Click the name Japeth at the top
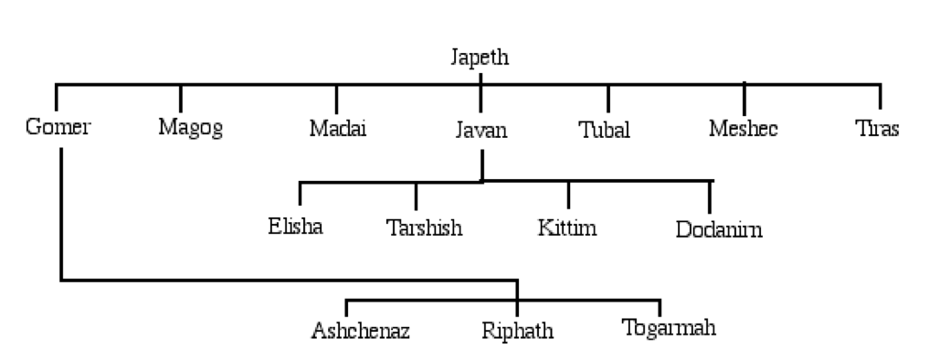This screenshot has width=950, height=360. [480, 58]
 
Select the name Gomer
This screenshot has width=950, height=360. [58, 127]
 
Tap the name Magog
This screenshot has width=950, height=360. [190, 128]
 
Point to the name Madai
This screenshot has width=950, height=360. [337, 128]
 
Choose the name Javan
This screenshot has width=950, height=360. [480, 130]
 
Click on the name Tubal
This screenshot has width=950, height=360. [605, 129]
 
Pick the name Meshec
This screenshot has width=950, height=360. [743, 128]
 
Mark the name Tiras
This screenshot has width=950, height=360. [877, 128]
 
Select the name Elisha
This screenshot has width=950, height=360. [295, 225]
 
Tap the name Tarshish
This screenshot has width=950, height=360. [424, 227]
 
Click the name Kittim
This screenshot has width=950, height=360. [567, 227]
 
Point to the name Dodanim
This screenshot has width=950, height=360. [719, 228]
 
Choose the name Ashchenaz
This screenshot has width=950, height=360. [360, 330]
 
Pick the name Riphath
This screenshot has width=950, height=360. [517, 330]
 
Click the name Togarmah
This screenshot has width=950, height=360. [668, 327]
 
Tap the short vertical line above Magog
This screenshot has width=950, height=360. [181, 97]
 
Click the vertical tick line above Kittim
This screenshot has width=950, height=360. [568, 194]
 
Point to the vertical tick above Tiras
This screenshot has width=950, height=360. [881, 97]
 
